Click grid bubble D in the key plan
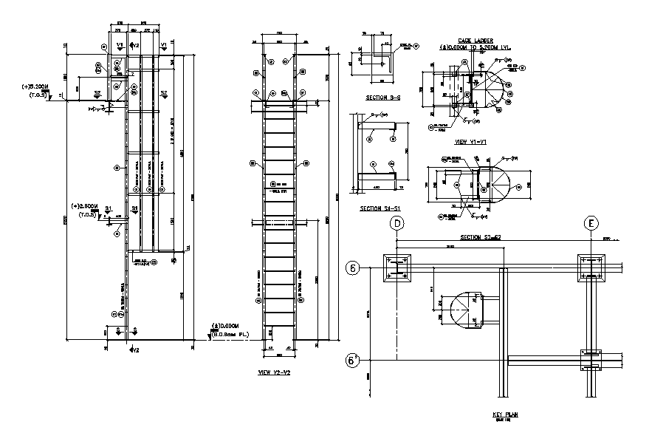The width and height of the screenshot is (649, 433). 398,224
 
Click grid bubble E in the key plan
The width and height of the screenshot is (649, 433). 591,224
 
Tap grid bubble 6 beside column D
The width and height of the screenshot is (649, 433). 354,268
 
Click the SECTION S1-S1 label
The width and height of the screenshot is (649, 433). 380,209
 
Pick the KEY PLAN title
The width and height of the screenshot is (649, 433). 505,415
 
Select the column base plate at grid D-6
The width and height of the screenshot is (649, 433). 398,269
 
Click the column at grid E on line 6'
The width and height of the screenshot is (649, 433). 591,360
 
